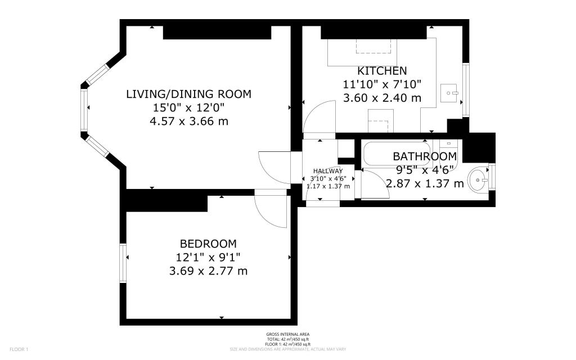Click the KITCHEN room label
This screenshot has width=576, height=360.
click(382, 71)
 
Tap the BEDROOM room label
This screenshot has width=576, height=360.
click(208, 244)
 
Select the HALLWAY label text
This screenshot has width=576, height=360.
click(328, 171)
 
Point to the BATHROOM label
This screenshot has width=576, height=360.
click(424, 156)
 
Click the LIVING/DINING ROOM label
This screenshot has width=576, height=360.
click(188, 94)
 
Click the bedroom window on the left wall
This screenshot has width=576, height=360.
click(123, 263)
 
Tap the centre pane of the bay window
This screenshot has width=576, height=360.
click(85, 110)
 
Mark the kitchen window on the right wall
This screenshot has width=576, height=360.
click(465, 90)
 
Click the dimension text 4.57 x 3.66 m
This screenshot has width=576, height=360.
click(188, 121)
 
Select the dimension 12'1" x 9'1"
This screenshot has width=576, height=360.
click(208, 257)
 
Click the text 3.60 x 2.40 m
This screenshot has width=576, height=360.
click(382, 97)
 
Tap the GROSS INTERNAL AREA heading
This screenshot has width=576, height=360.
click(287, 334)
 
